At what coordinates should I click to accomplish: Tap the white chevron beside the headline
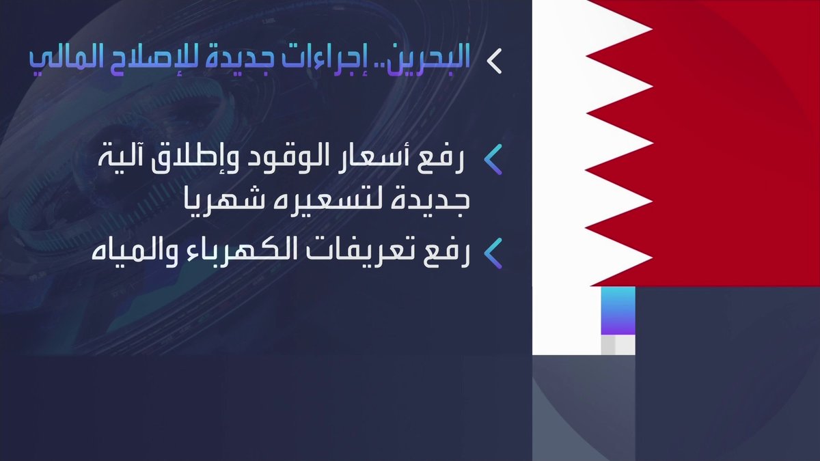(x=494, y=61)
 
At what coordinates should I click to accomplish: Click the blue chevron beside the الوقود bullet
(x=493, y=160)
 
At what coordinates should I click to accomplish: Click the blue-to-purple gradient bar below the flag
(x=618, y=310)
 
